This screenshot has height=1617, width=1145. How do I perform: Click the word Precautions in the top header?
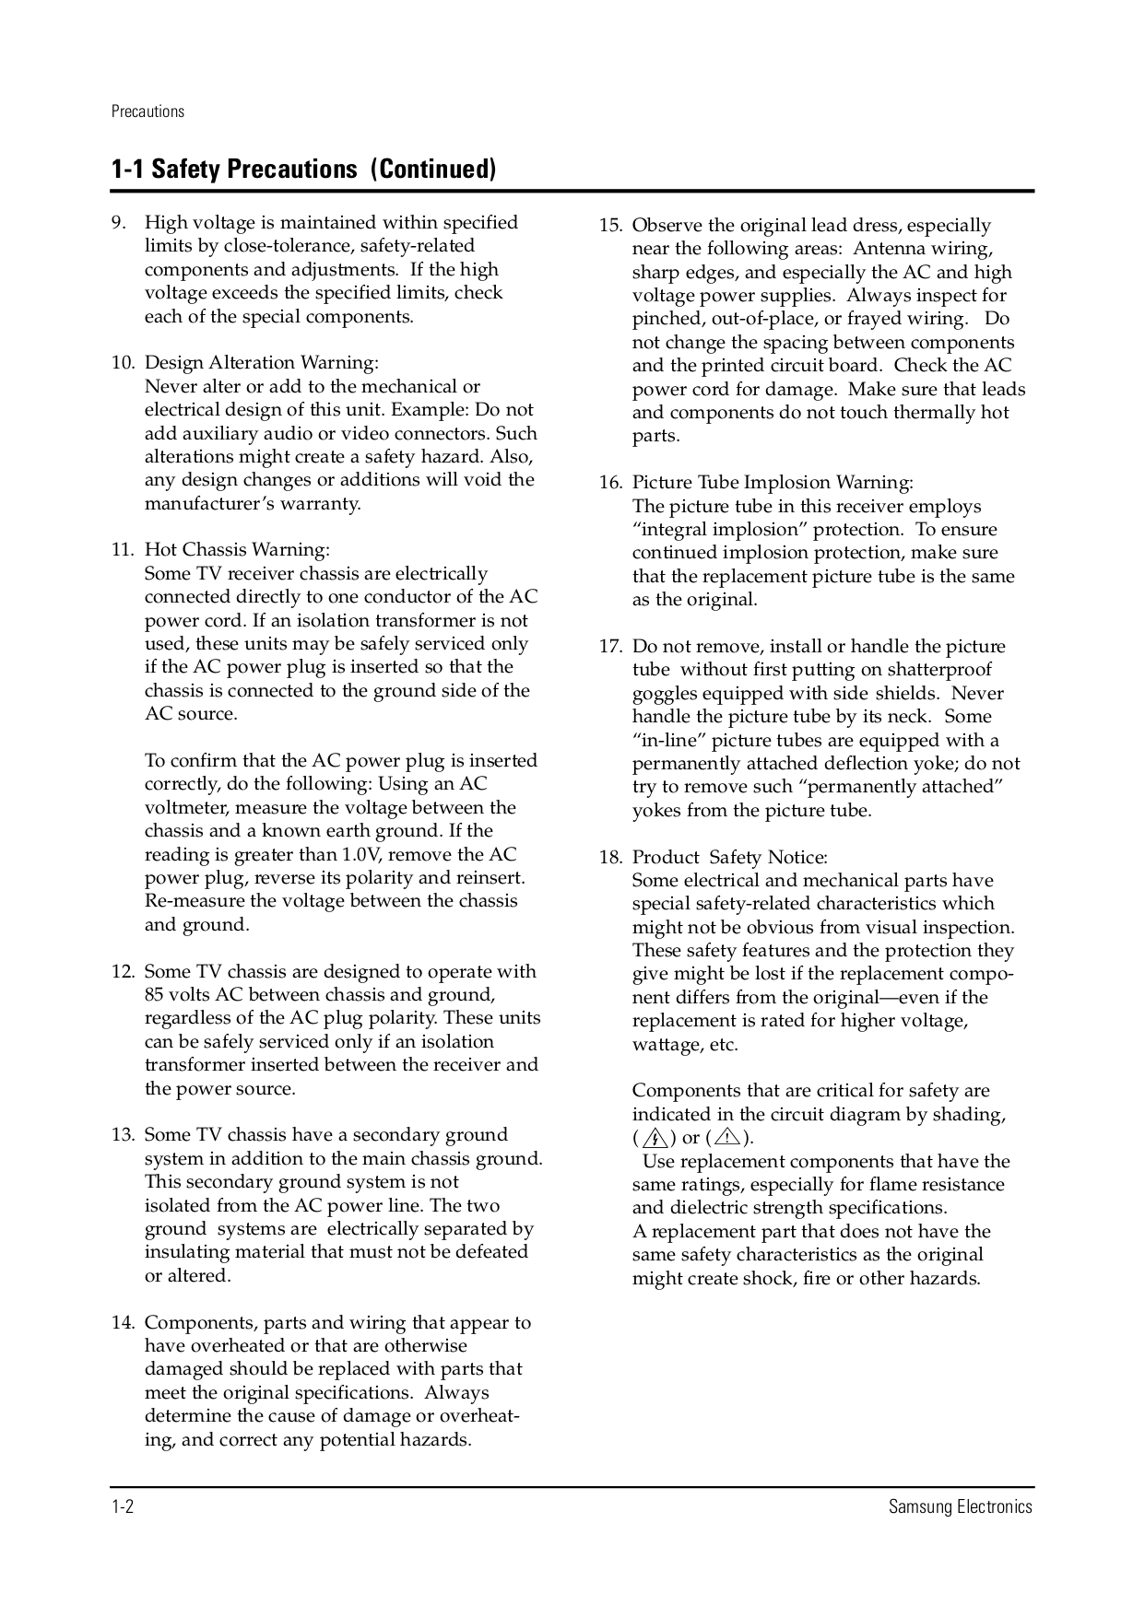pyautogui.click(x=148, y=111)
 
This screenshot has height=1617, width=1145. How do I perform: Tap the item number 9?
pyautogui.click(x=118, y=223)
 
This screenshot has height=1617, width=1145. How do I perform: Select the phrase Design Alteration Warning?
pyautogui.click(x=261, y=363)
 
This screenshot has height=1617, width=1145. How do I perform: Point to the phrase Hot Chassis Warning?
pyautogui.click(x=237, y=550)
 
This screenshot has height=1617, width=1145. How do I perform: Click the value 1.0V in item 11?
pyautogui.click(x=364, y=855)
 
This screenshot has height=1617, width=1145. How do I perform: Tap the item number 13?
pyautogui.click(x=123, y=1135)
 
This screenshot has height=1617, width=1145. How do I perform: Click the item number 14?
pyautogui.click(x=123, y=1323)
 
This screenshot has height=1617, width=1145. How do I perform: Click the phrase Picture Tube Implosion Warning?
pyautogui.click(x=773, y=483)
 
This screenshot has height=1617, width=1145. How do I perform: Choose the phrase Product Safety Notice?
pyautogui.click(x=729, y=858)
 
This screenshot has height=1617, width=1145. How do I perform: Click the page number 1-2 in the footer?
pyautogui.click(x=124, y=1507)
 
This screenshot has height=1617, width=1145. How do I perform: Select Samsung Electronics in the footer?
pyautogui.click(x=960, y=1507)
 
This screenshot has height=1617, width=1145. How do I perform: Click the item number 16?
pyautogui.click(x=610, y=483)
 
